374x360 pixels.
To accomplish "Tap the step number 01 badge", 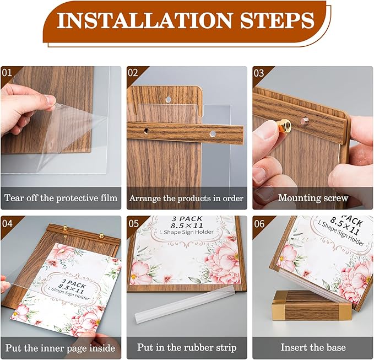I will (x=7, y=73).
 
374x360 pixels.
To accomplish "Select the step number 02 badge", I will (x=133, y=73).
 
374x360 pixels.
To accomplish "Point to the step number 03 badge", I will (x=259, y=73).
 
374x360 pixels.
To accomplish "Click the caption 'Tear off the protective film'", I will (x=61, y=197).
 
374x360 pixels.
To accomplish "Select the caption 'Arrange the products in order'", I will (x=187, y=197).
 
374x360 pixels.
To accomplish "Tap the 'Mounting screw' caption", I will (x=313, y=197).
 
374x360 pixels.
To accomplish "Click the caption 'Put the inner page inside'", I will (x=61, y=348).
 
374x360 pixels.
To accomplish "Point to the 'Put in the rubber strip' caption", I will (x=187, y=348).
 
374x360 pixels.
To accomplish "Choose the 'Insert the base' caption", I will (x=313, y=348).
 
